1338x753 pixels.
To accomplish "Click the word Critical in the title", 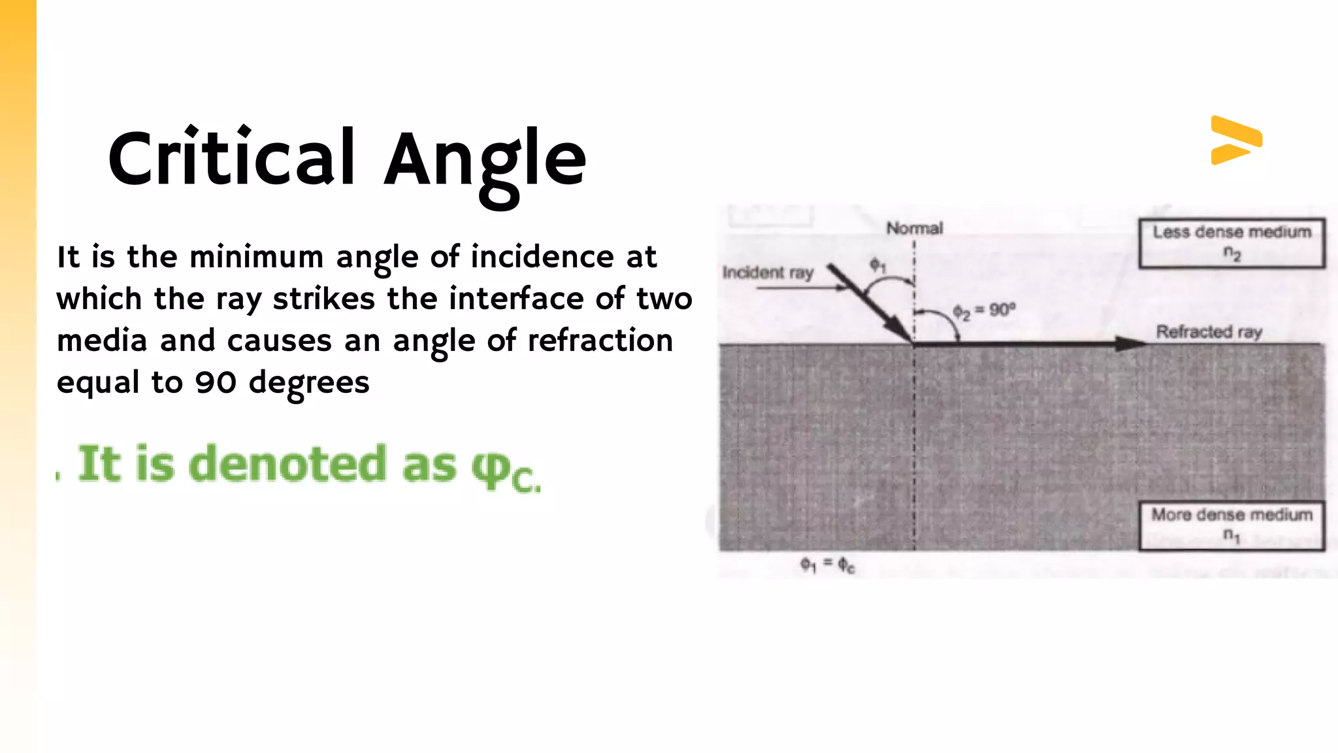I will pos(232,158).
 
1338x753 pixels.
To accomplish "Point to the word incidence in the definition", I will pos(542,257).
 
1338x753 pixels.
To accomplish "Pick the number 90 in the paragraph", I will pos(216,382).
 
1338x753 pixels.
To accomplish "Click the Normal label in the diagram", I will pos(914,228).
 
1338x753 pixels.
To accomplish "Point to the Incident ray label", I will pos(768,273).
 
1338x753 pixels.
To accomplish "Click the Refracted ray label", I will pos(1209,332).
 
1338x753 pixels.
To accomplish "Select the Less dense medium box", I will pos(1232,243).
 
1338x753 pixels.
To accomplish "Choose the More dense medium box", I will pos(1232,526).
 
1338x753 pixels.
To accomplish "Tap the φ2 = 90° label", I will pos(984,311).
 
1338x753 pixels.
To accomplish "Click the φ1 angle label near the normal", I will pos(877,265).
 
